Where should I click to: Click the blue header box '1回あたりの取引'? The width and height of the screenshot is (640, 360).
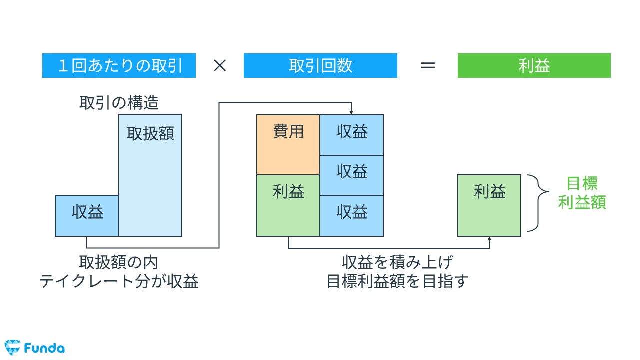119,66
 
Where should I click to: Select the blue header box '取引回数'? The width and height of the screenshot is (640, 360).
320,66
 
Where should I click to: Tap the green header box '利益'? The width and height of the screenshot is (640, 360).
534,66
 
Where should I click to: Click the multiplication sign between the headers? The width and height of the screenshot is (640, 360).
220,66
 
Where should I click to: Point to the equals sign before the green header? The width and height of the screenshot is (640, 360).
427,66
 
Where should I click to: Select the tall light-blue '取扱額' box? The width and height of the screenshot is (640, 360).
150,175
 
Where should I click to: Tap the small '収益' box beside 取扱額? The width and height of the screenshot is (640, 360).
87,215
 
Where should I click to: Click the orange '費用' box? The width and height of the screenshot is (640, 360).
288,144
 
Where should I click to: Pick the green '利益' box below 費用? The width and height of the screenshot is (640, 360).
288,205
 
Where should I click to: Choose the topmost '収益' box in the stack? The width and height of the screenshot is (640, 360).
352,135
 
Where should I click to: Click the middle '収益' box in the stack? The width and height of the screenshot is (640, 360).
352,175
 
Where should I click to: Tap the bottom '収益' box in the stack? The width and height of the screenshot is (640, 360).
352,215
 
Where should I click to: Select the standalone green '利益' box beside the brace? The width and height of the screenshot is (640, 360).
489,205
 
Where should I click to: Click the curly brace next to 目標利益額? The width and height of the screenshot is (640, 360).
534,203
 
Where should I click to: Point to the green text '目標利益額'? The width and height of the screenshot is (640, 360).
582,193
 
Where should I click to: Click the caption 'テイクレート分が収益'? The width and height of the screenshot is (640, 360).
119,281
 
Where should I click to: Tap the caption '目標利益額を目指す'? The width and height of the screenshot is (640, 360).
398,281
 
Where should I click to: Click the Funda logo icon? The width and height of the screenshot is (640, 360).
12,347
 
